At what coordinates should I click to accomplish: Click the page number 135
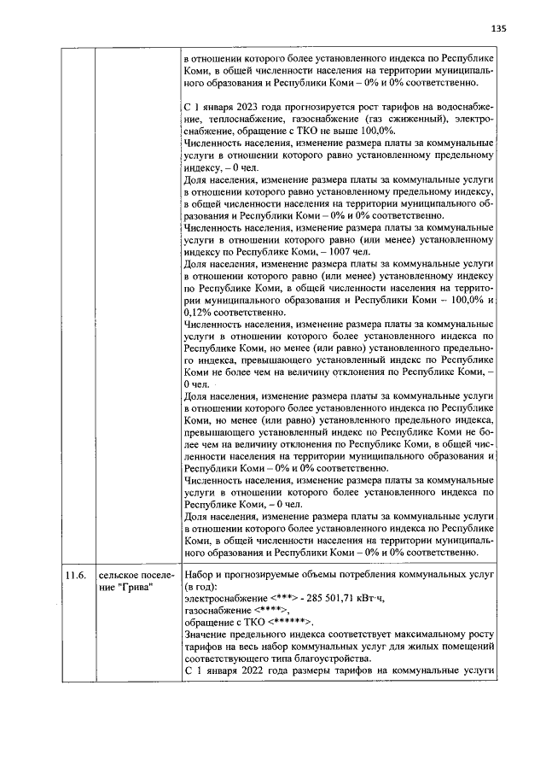click(499, 28)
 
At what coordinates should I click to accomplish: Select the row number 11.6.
click(76, 576)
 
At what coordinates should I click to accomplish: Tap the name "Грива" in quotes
click(128, 588)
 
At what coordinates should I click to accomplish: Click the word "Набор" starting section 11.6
click(200, 576)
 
